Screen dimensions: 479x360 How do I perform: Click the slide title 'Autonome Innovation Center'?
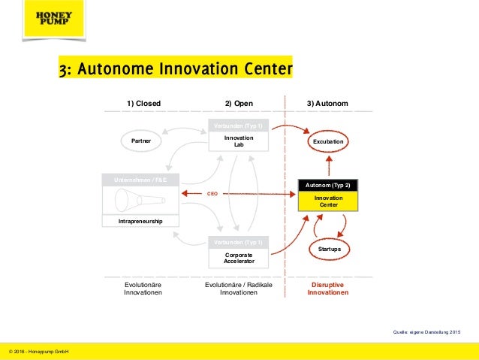point(175,70)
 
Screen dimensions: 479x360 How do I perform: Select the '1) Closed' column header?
point(143,103)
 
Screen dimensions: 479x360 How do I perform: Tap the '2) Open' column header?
point(239,103)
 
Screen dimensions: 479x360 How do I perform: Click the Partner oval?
point(142,141)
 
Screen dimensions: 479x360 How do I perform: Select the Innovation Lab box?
point(239,142)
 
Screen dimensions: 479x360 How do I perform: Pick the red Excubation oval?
point(328,141)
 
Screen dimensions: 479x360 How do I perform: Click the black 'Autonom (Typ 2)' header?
point(328,184)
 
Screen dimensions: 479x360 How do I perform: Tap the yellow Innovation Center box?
point(328,201)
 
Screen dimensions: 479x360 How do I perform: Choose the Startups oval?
point(328,247)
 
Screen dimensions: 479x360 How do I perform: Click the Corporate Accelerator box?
point(239,258)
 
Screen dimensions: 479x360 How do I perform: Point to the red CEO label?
point(212,194)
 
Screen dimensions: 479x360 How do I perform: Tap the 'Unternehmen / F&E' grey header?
point(142,180)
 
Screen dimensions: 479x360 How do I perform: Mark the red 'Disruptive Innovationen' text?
point(328,289)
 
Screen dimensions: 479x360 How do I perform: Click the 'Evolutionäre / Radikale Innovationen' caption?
point(239,289)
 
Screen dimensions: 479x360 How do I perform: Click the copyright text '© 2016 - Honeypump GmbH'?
point(38,350)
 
